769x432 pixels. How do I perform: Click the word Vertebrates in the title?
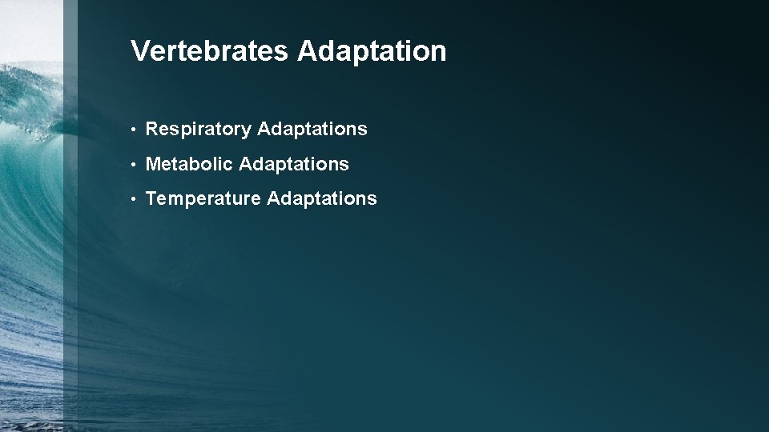coord(210,51)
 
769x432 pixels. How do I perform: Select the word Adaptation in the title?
coord(372,51)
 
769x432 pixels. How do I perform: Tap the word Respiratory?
coord(198,129)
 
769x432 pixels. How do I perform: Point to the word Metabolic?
coord(189,164)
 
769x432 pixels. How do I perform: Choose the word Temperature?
coord(203,198)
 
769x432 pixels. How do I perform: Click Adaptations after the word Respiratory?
coord(312,129)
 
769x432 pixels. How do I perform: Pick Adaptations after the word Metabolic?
coord(294,164)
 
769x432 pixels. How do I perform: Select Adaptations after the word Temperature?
coord(321,198)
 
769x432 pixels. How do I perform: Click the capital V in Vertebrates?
coord(139,51)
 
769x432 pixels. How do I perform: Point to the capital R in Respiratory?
coord(152,129)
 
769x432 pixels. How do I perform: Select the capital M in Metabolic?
coord(154,164)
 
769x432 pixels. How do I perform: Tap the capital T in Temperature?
coord(151,198)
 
